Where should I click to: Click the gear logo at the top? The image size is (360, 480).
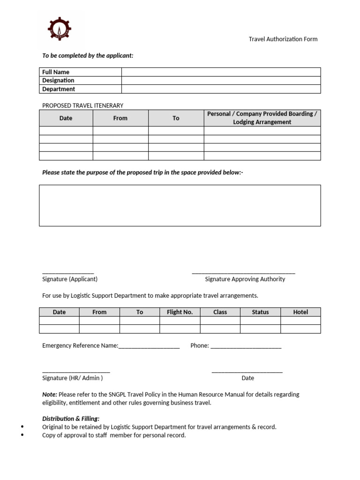pos(60,29)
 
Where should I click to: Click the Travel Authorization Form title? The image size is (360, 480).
pos(283,39)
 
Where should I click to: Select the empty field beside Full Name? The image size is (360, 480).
pos(221,72)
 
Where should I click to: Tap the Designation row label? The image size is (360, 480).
pos(58,80)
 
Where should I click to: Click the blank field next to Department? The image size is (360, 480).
pos(221,89)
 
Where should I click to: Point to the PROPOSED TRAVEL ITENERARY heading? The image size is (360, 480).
pos(82,105)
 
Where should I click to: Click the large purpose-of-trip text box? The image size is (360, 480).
pos(180,205)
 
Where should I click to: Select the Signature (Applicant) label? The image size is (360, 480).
pos(70,279)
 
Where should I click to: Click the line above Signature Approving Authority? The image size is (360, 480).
pos(243,273)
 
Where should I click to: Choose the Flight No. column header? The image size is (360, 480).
pos(180,312)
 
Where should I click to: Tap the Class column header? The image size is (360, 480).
pos(220,312)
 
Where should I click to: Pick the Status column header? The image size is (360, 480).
pos(260,312)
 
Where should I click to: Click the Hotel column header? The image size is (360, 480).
pos(300,312)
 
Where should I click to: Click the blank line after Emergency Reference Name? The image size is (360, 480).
pos(149,347)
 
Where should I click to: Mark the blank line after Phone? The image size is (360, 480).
pos(246,347)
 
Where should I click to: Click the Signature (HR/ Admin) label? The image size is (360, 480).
pos(72,378)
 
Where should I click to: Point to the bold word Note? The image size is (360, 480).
pos(49,394)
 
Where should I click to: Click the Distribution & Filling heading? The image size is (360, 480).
pos(70,419)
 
